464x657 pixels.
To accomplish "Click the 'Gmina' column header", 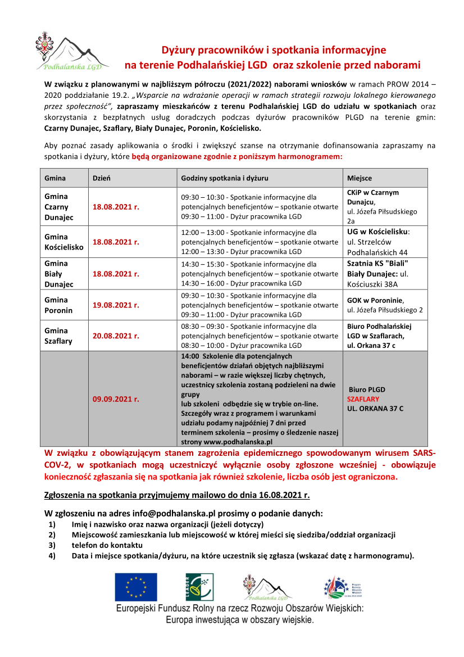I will pos(55,178).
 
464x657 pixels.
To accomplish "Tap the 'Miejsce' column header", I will pos(360,178).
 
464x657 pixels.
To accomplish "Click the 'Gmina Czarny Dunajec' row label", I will pos(56,207).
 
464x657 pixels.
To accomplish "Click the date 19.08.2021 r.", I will pos(116,305).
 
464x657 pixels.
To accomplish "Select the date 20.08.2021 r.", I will pos(116,336).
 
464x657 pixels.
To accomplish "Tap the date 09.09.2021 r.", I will pos(116,399).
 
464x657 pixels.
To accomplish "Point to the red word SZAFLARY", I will pos(363,399).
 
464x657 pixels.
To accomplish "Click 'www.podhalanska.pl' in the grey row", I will pos(240,442).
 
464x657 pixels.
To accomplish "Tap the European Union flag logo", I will pos(136,587).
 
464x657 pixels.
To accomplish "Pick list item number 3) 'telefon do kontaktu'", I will pos(107,545).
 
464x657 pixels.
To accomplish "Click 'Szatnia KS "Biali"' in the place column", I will pos(377,264).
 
